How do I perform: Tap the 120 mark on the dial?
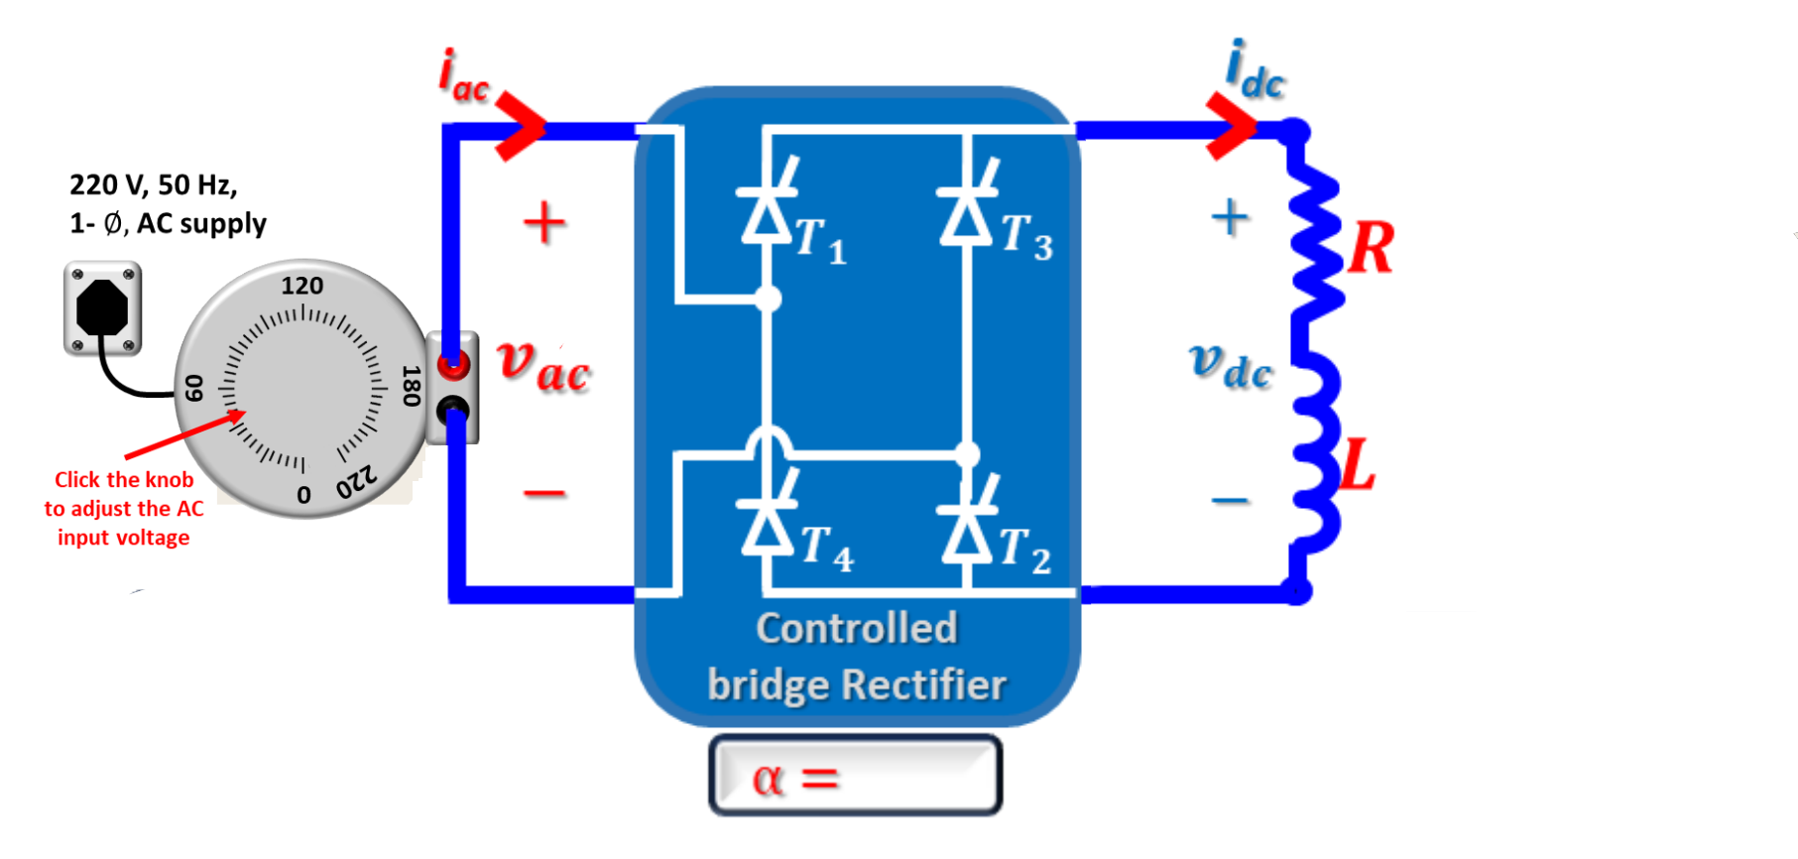(x=302, y=286)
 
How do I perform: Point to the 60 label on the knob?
(x=193, y=388)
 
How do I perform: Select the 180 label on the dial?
(x=411, y=386)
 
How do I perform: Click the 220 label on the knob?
(x=357, y=482)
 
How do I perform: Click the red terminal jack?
(x=453, y=364)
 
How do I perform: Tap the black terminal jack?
(x=453, y=409)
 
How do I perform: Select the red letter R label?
(x=1371, y=247)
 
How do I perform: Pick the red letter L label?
(x=1357, y=465)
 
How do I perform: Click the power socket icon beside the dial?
(x=102, y=308)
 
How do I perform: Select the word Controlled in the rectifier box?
(x=857, y=629)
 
